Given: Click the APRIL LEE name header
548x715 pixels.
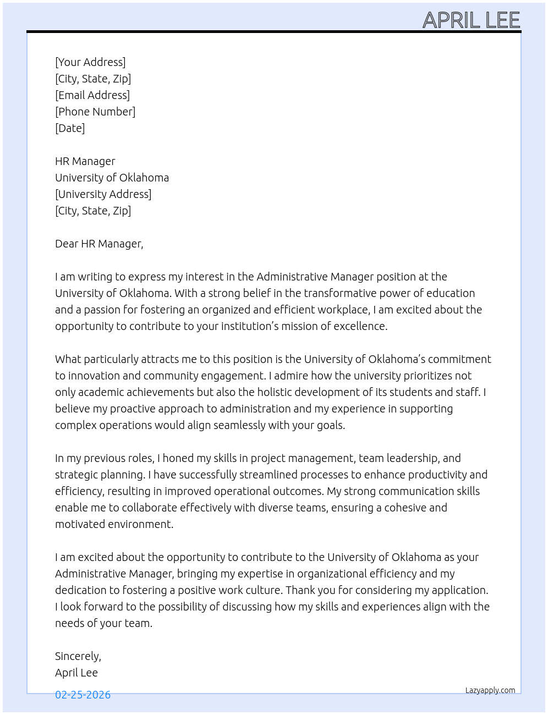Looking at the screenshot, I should [471, 20].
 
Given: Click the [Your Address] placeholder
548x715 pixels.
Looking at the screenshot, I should [90, 62].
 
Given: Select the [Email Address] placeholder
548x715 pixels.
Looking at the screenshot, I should [92, 95].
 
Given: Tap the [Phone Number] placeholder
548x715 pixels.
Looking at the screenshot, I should [95, 112].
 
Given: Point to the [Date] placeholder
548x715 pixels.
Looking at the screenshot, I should [70, 128].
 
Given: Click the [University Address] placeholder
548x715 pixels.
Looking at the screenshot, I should [103, 194].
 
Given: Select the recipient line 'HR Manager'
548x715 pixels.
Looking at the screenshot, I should [85, 161].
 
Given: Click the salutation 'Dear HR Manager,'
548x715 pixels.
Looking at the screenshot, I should [99, 244].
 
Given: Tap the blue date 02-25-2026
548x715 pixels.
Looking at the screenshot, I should [83, 695].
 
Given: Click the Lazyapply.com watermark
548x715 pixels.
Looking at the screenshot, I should [490, 690].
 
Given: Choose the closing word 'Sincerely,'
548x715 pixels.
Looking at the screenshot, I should [78, 656].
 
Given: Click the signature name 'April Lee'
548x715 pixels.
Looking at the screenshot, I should [76, 673].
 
